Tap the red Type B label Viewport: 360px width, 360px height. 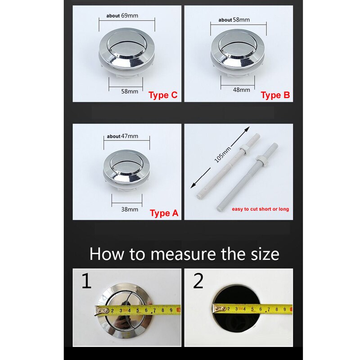275,95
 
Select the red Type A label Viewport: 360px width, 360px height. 164,213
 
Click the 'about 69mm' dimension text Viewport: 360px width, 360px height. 122,16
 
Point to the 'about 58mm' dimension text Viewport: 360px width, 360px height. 234,20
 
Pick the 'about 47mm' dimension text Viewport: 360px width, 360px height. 122,136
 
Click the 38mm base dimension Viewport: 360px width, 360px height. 130,209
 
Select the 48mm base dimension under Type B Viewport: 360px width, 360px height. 242,90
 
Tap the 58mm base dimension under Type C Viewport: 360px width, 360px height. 130,91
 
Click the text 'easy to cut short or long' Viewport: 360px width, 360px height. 260,209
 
